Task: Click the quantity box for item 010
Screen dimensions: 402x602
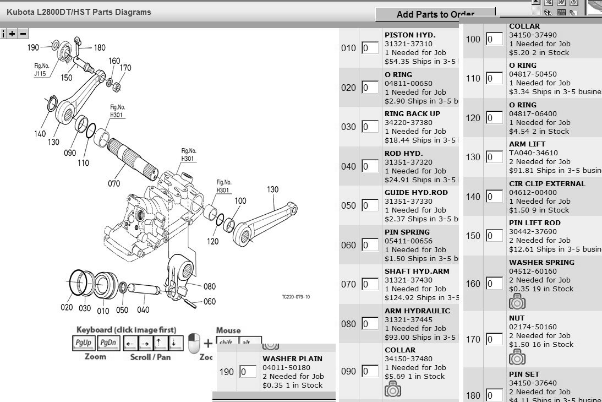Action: pyautogui.click(x=370, y=48)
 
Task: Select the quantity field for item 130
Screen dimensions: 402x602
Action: pyautogui.click(x=494, y=157)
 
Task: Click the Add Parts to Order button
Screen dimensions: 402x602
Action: pyautogui.click(x=436, y=14)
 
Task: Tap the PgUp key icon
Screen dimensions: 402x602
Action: pyautogui.click(x=84, y=343)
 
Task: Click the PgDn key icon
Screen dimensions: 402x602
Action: pyautogui.click(x=108, y=343)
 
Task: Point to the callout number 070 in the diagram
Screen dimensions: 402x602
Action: pyautogui.click(x=114, y=183)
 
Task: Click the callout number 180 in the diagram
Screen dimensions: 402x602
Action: pyautogui.click(x=100, y=48)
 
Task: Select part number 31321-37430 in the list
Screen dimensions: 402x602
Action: pyautogui.click(x=408, y=280)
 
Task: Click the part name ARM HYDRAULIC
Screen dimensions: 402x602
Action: pyautogui.click(x=417, y=311)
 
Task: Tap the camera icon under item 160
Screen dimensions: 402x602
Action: pyautogui.click(x=517, y=301)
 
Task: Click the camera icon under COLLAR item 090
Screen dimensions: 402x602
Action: pyautogui.click(x=393, y=389)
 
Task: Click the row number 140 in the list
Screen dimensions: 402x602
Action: pyautogui.click(x=473, y=197)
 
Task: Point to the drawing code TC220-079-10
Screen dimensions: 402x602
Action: pyautogui.click(x=295, y=297)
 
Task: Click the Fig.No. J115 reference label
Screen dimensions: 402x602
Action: pyautogui.click(x=40, y=69)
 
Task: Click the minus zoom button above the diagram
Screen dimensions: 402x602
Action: pyautogui.click(x=23, y=34)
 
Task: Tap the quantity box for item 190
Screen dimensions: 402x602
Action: pyautogui.click(x=248, y=372)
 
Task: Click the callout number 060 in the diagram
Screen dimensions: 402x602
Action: pyautogui.click(x=210, y=301)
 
